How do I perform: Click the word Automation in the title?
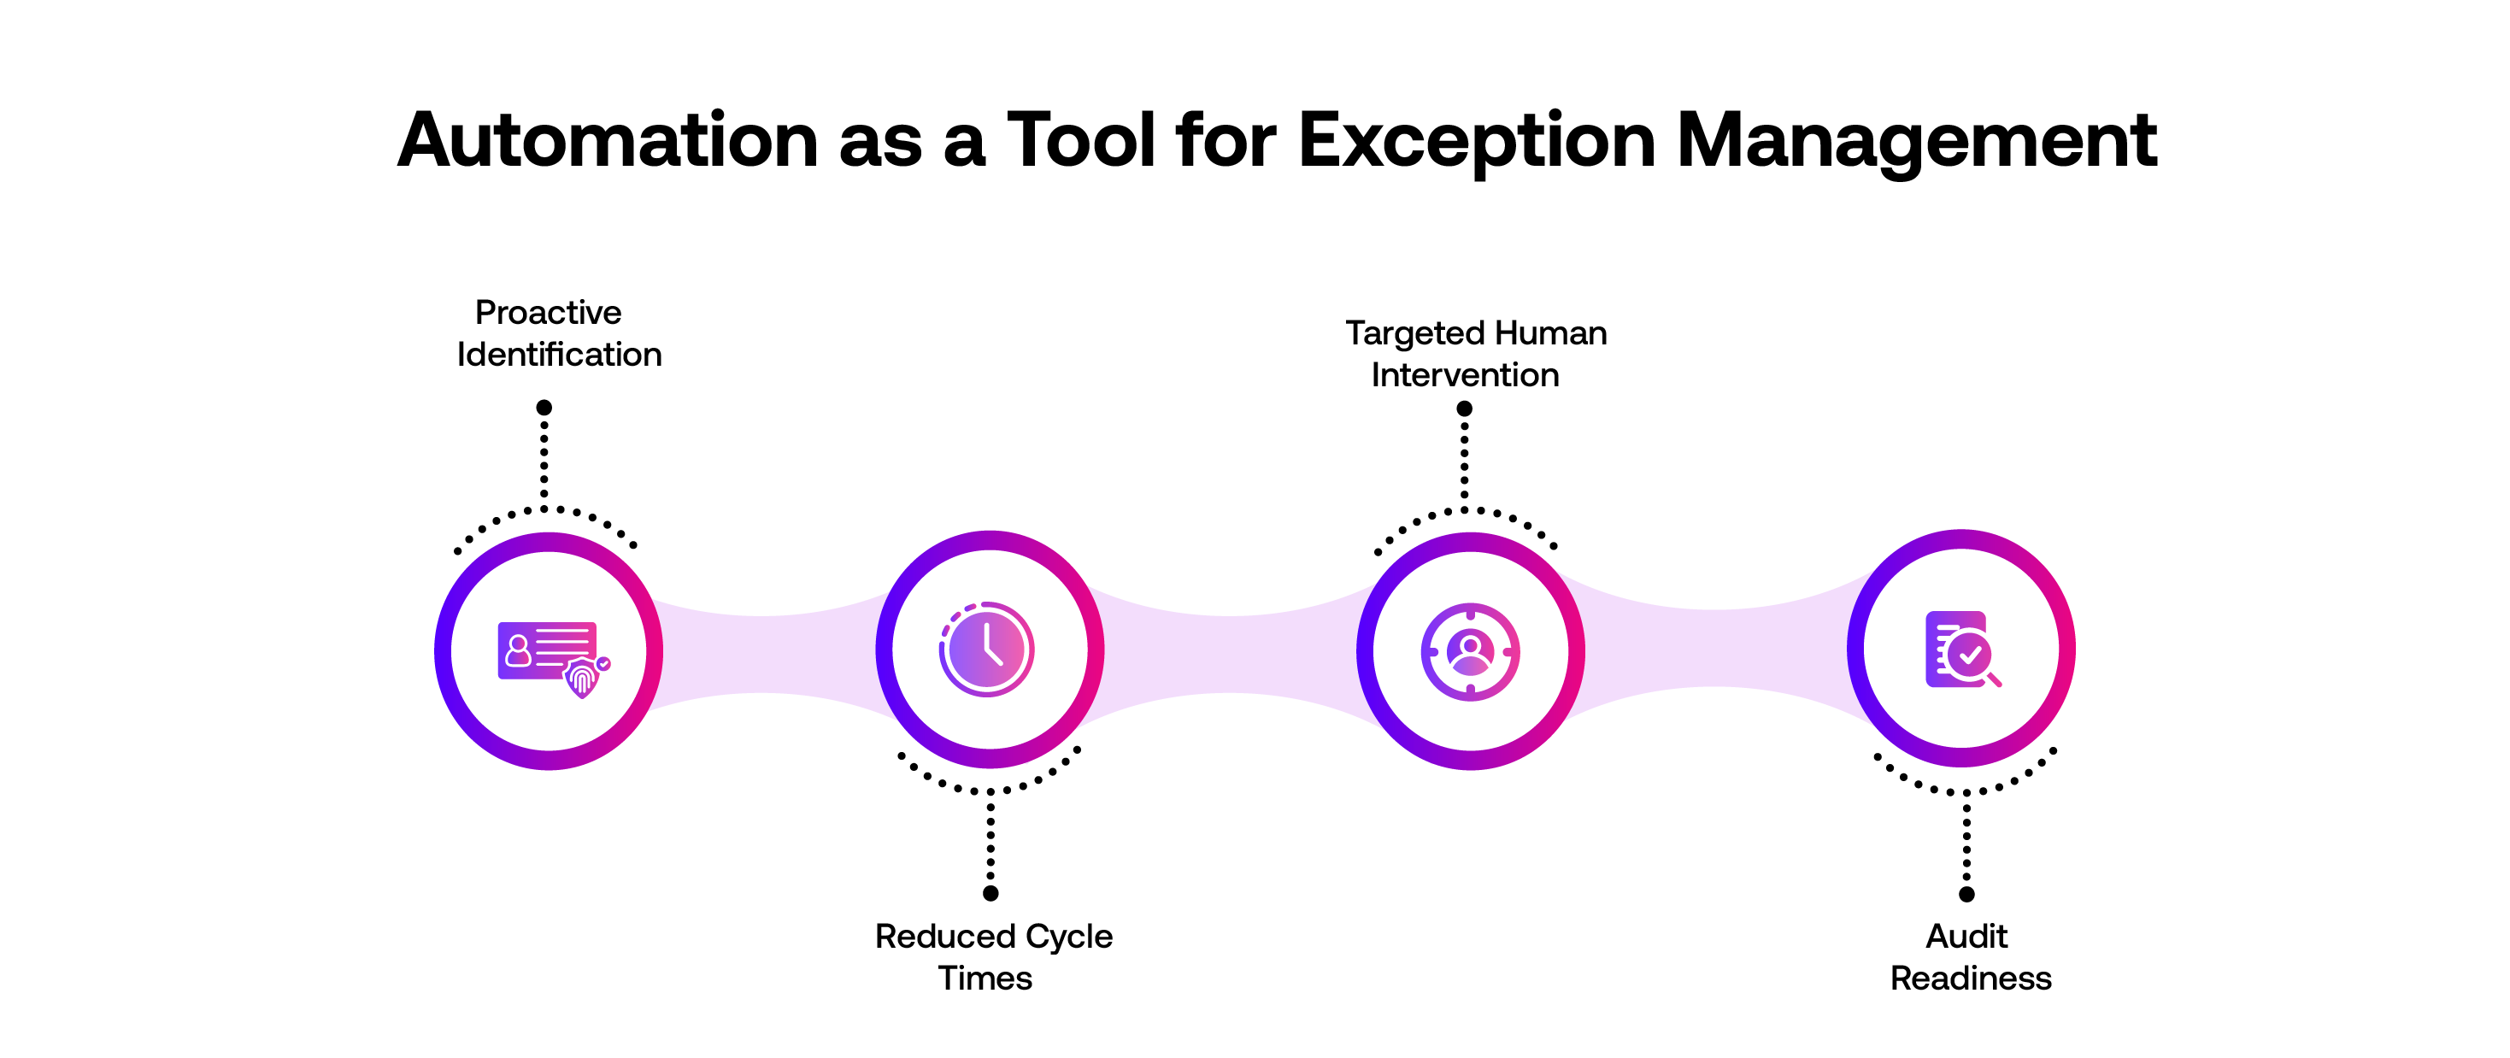click(x=607, y=141)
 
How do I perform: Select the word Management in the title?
click(x=1916, y=141)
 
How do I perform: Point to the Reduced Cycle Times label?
click(x=992, y=956)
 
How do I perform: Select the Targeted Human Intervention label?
click(x=1474, y=354)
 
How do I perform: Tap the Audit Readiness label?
click(x=1969, y=956)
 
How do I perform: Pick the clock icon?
click(x=986, y=649)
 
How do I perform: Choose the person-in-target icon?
click(x=1469, y=650)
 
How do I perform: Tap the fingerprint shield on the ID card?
click(x=583, y=677)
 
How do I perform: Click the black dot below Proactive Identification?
click(x=544, y=408)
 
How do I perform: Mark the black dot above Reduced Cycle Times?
click(x=990, y=892)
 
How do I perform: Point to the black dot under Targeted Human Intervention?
click(x=1463, y=409)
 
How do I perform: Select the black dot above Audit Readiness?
click(x=1966, y=893)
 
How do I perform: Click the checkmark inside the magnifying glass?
click(x=1970, y=655)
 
